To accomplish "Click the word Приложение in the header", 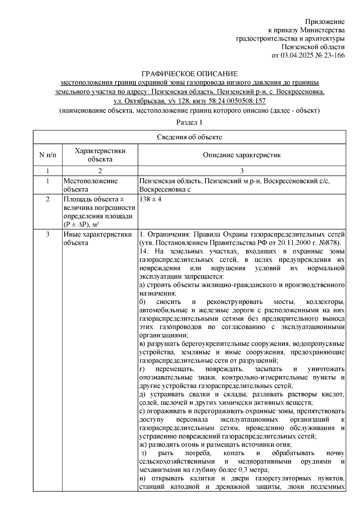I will [325, 22].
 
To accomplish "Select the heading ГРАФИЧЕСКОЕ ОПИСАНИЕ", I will [190, 74].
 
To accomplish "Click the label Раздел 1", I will [189, 122].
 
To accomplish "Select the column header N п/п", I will [47, 155].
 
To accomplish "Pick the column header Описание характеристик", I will [242, 155].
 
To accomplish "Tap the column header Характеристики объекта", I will [100, 155].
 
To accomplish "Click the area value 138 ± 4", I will [150, 200].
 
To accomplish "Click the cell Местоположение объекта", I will [90, 185].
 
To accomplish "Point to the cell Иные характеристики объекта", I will [97, 238].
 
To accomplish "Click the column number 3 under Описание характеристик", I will [242, 171].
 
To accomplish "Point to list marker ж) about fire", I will [143, 444].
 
